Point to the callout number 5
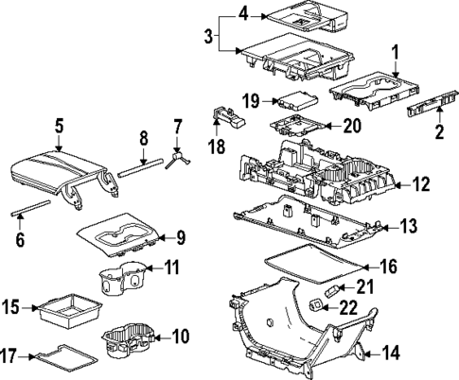tap(59, 125)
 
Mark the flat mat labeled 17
tap(63, 357)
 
